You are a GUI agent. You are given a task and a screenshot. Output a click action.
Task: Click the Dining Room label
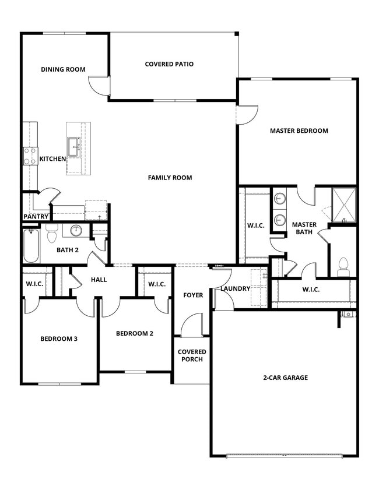coord(63,69)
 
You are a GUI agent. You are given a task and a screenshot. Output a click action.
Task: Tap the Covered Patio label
coord(169,64)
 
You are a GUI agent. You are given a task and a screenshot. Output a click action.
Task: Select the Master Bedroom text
coord(299,131)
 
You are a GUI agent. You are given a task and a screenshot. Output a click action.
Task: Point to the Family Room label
coord(170,178)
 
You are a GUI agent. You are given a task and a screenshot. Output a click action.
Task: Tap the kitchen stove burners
coord(30,156)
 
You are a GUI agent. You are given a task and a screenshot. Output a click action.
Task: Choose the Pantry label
coord(36,217)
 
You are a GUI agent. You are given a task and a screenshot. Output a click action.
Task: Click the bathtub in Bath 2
coord(31,246)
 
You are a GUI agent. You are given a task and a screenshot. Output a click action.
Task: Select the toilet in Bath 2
coord(51,233)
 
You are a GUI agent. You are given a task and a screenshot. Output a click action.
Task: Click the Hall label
coord(99,280)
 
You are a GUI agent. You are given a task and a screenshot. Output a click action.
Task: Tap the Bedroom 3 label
coord(58,339)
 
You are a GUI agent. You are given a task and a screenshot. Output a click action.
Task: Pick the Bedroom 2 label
coord(134,333)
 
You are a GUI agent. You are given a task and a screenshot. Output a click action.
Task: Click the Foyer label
coord(193,295)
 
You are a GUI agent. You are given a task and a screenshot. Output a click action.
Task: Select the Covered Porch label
coord(192,355)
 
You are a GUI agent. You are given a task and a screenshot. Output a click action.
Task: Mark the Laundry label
coord(235,288)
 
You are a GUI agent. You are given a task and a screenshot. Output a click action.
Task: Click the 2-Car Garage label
coord(285,378)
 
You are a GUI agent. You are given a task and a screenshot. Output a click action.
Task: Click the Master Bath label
coord(304,228)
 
